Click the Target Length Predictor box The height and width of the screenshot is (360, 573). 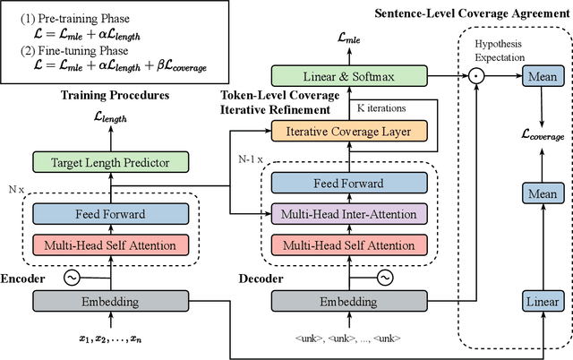coord(113,162)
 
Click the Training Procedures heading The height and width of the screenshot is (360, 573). coord(112,95)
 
